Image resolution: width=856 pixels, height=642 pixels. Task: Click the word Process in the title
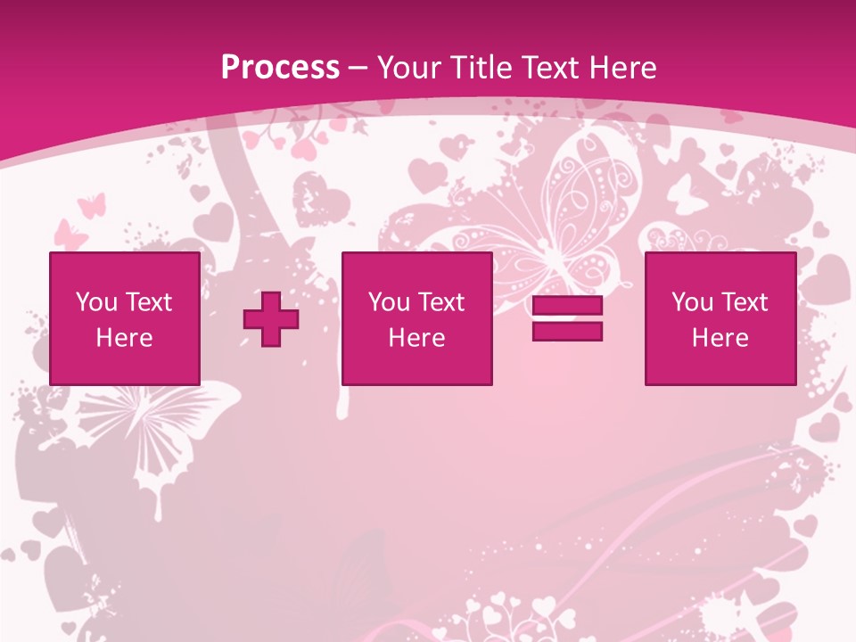(280, 68)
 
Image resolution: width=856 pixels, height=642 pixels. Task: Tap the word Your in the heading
(409, 68)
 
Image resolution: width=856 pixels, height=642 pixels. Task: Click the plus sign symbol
(271, 319)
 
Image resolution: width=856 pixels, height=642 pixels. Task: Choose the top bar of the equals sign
(567, 306)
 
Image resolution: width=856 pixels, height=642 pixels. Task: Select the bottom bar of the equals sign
(567, 332)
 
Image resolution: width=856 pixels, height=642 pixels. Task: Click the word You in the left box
(96, 302)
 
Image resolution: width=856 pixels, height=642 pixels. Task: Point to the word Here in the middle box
(416, 338)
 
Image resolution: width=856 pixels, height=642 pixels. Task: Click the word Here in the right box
(720, 338)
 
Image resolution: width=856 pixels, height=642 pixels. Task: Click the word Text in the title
(549, 68)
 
